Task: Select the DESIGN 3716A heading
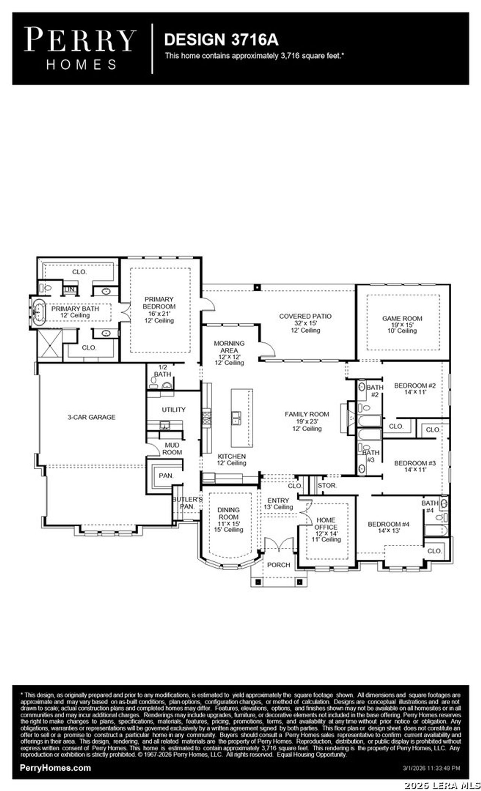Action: coord(221,40)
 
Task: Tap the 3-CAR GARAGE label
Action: coord(91,417)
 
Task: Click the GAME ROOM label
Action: coord(402,318)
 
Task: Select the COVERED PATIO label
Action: coord(305,316)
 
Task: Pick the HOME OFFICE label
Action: coord(326,523)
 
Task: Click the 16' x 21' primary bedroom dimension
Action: coord(159,313)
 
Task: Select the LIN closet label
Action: coord(69,289)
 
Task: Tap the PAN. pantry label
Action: coord(166,475)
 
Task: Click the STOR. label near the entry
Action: coord(327,485)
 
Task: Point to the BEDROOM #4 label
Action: coord(388,524)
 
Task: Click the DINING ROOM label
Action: coord(228,513)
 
